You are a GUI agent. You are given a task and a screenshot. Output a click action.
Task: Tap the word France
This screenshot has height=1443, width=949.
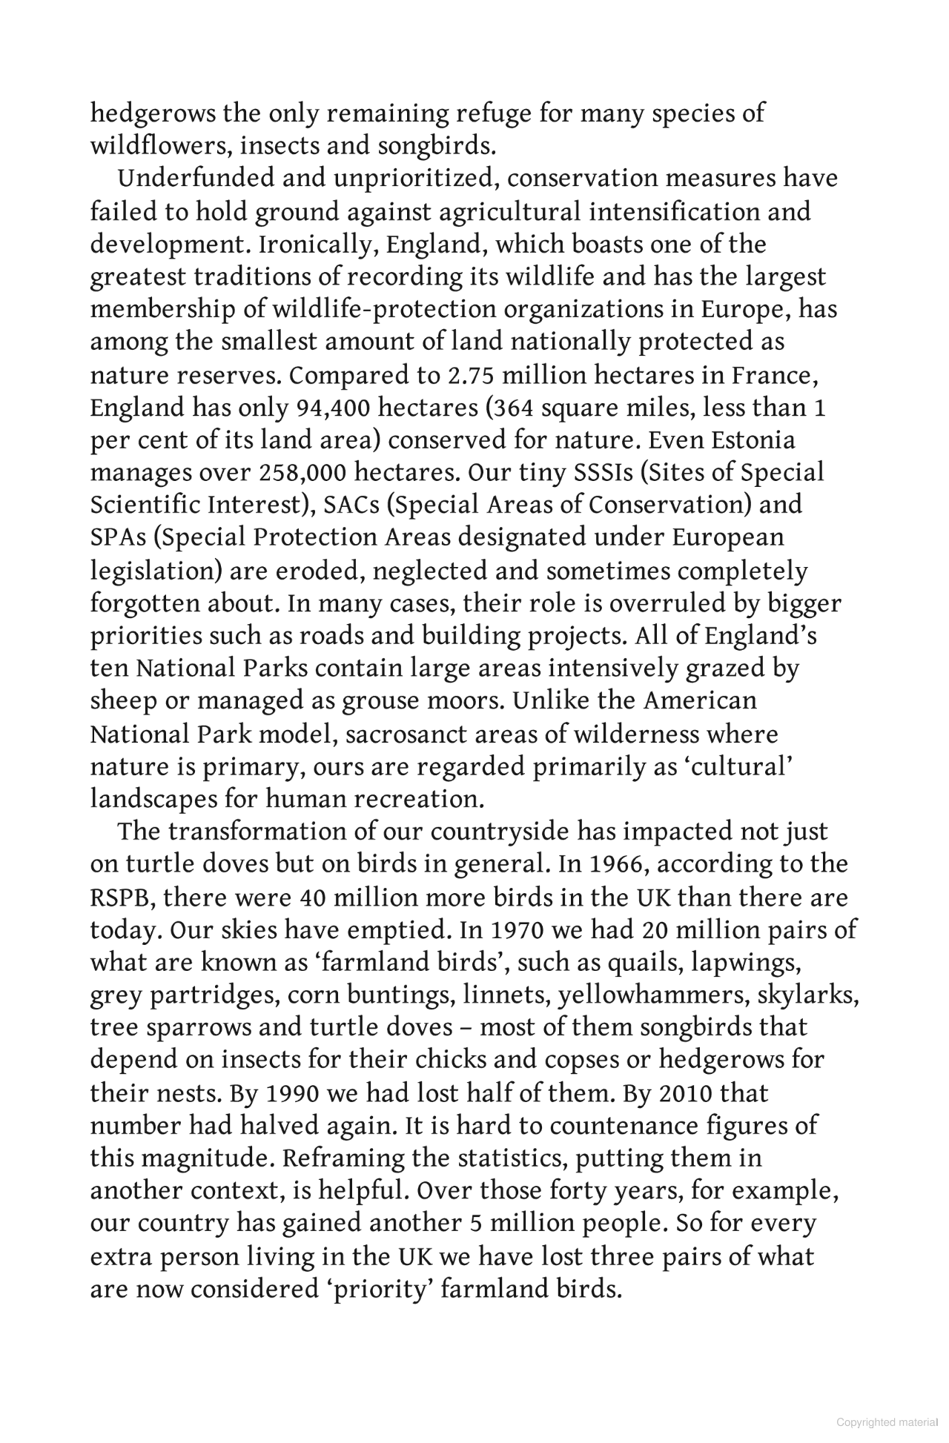coord(775,376)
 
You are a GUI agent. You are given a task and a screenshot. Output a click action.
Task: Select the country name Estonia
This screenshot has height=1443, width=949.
coord(753,441)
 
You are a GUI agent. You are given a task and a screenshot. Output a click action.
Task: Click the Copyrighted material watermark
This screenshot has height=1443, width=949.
coord(887,1422)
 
